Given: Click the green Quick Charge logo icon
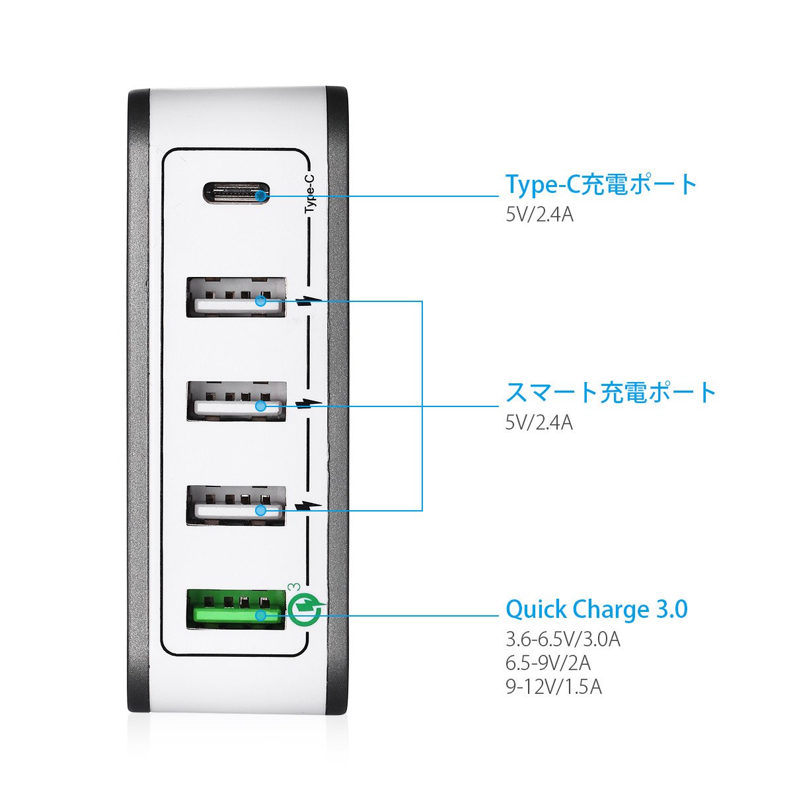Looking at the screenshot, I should [306, 607].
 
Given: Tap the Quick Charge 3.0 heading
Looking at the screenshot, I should [597, 609].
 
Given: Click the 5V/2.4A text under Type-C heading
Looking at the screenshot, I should [539, 215].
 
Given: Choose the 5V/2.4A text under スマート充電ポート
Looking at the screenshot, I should [539, 422].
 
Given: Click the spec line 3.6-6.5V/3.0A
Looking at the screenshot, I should [562, 640].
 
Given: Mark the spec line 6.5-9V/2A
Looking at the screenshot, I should [548, 663].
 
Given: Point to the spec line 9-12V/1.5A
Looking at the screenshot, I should [554, 687].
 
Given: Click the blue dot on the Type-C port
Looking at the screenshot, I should [262, 196].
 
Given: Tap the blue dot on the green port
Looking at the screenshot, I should [262, 616].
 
